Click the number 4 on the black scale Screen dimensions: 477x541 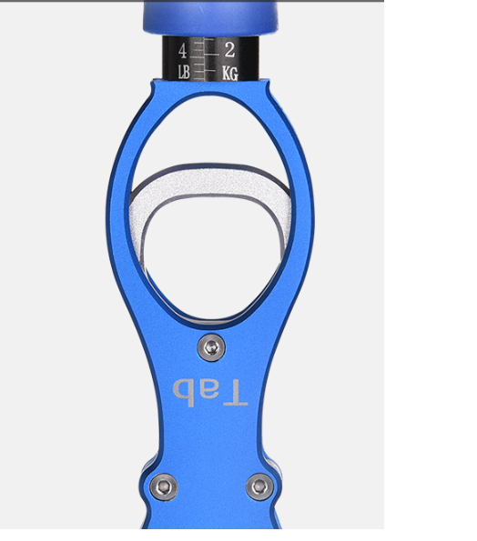182,51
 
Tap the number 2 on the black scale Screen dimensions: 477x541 229,50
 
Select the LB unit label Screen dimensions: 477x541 184,73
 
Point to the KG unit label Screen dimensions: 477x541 230,74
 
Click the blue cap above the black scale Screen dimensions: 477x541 210,18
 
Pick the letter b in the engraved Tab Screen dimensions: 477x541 182,393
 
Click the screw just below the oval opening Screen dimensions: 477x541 211,347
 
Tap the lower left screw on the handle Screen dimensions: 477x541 164,486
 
